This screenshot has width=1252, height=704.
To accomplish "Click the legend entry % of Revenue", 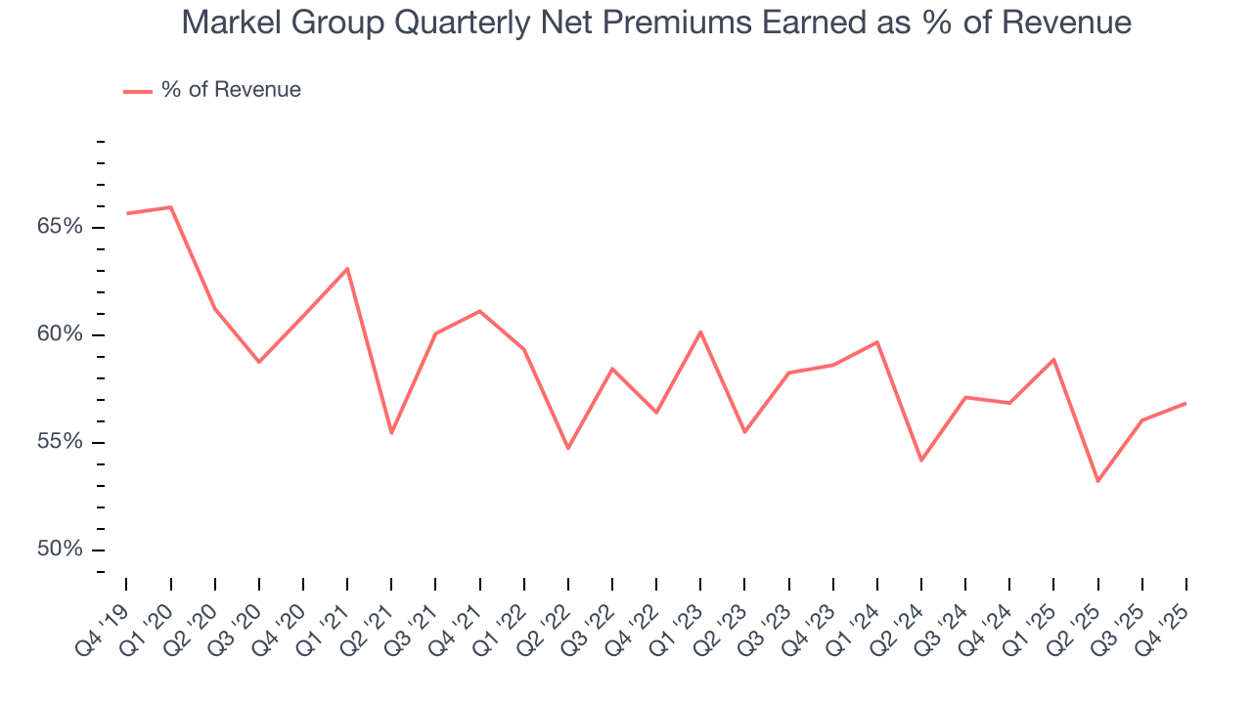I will [x=231, y=90].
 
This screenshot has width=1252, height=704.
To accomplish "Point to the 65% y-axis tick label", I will [x=59, y=227].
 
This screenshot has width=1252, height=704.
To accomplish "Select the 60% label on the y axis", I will [x=59, y=334].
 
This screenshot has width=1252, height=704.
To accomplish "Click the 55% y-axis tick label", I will [x=59, y=442].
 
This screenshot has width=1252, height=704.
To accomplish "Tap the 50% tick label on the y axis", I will [x=59, y=550].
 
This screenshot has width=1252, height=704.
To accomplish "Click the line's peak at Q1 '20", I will [x=171, y=207].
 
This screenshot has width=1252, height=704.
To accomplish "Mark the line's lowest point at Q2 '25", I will [x=1097, y=481].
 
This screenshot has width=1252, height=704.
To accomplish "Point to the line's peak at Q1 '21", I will [x=347, y=268].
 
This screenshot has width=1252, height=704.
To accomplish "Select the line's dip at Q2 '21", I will [x=391, y=432].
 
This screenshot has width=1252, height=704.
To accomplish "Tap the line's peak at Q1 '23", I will [x=700, y=331].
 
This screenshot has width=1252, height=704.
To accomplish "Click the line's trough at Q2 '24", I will [x=921, y=461].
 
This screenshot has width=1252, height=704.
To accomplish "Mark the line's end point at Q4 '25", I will [x=1185, y=403].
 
